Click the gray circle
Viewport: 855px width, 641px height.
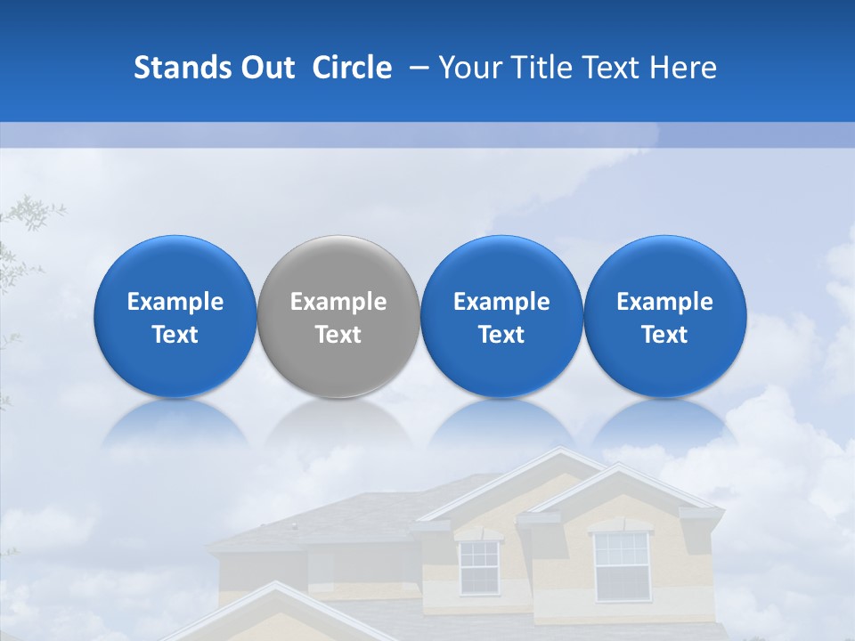338,316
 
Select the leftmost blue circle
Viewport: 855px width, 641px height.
175,316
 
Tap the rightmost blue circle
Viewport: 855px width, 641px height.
664,316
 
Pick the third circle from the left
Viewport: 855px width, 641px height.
501,316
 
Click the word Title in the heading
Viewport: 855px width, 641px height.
541,68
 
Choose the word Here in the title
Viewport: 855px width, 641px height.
684,68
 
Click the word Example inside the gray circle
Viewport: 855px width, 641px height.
338,302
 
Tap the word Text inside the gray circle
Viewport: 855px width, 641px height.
338,335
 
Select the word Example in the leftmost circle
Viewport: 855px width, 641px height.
175,302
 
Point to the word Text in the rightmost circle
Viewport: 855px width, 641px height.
664,335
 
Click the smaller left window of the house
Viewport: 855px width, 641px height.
478,567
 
